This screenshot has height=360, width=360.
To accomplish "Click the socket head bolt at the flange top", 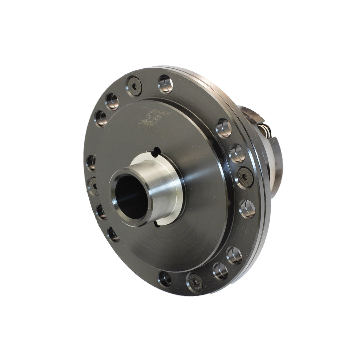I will point(134,86).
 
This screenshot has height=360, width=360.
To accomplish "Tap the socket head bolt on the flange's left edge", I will point(93,185).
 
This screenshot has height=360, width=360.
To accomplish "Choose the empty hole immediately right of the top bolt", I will point(165,84).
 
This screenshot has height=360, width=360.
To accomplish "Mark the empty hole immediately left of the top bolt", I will point(112,102).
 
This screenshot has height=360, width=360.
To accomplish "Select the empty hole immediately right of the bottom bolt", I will point(220,271).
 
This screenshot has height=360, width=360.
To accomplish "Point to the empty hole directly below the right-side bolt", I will point(247,209).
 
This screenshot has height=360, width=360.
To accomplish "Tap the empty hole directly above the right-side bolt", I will point(237,153).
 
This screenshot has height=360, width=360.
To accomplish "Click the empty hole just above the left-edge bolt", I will point(91,163).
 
